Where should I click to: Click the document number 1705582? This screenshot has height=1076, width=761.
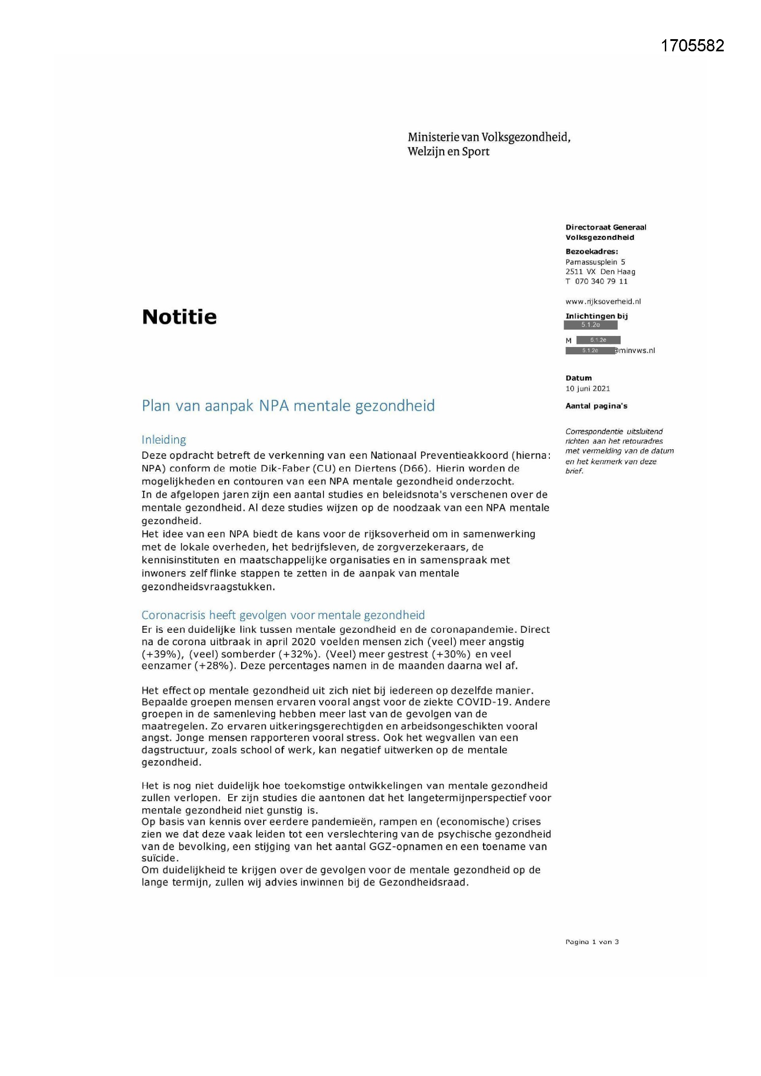pyautogui.click(x=692, y=46)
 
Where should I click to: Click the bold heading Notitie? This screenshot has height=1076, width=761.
pyautogui.click(x=179, y=317)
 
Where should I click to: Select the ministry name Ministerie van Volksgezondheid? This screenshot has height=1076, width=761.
pyautogui.click(x=489, y=137)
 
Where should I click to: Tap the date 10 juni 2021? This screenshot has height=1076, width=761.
pyautogui.click(x=587, y=388)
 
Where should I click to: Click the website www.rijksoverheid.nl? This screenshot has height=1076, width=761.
pyautogui.click(x=603, y=301)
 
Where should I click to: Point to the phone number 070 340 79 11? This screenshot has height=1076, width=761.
pyautogui.click(x=601, y=281)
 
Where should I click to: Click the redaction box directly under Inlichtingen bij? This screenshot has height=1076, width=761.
pyautogui.click(x=590, y=325)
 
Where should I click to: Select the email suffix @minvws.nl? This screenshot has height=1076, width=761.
pyautogui.click(x=635, y=350)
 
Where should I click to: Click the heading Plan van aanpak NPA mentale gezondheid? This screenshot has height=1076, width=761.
pyautogui.click(x=288, y=405)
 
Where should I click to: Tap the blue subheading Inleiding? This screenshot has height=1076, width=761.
pyautogui.click(x=163, y=440)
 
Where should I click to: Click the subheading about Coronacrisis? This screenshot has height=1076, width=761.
pyautogui.click(x=282, y=615)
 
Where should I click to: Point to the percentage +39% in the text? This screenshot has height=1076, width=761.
pyautogui.click(x=159, y=654)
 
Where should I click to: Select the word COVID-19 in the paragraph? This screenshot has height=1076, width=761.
pyautogui.click(x=479, y=702)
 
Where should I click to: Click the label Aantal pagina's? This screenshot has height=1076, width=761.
pyautogui.click(x=596, y=406)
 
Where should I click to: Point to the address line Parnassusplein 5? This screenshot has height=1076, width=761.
pyautogui.click(x=594, y=262)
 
